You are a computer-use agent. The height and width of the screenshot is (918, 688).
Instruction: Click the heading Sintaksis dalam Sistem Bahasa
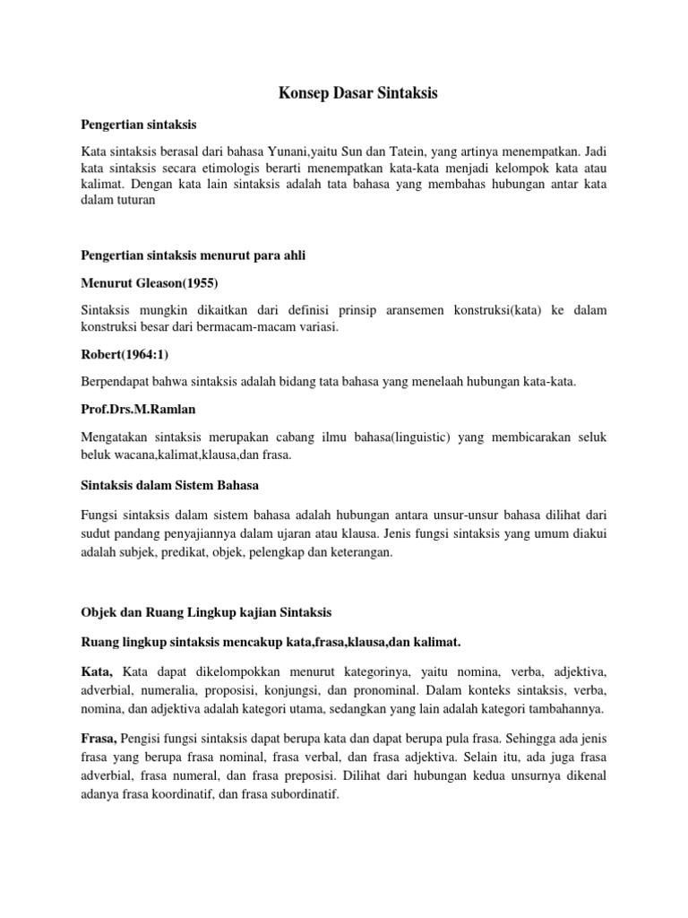[168, 485]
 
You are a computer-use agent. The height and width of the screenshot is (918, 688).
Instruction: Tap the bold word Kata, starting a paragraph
[96, 671]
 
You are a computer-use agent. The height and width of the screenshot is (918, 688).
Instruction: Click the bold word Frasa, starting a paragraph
[99, 740]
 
